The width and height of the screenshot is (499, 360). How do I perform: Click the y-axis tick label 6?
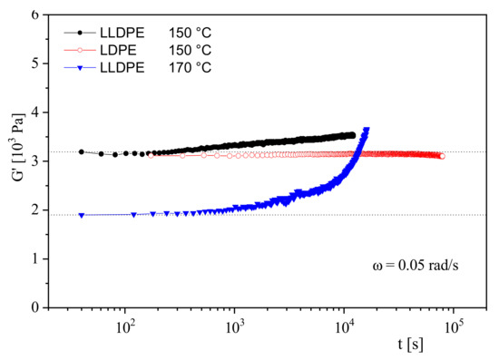tap(35, 15)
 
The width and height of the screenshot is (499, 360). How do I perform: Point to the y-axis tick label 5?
tap(35, 64)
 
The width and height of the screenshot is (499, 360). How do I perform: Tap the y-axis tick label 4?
tap(35, 113)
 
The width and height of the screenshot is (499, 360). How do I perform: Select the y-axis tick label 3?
tap(35, 161)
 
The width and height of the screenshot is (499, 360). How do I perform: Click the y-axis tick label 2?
tap(35, 210)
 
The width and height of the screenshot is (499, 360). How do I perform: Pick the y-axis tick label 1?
tap(35, 259)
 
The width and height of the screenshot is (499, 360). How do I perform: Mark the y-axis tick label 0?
tap(35, 307)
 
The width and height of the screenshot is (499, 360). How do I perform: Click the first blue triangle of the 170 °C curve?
tap(82, 215)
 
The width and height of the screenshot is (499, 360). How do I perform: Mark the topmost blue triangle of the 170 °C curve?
tap(366, 130)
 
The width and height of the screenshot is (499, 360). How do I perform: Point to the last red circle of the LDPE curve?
tap(442, 156)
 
